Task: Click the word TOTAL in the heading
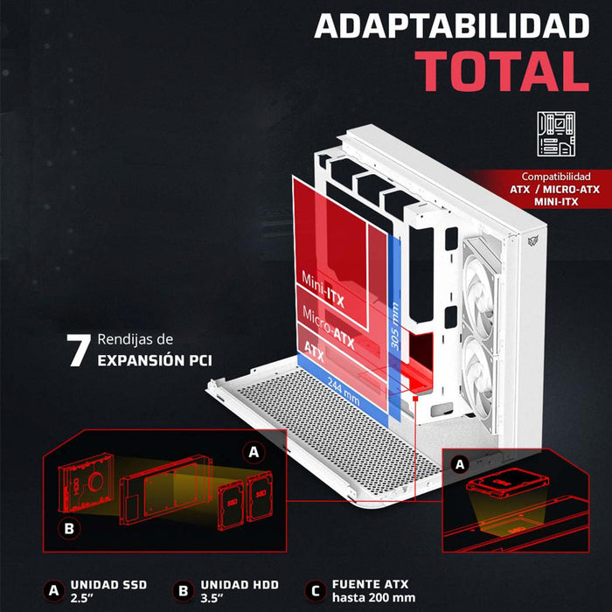point(502,71)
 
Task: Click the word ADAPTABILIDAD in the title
point(452,25)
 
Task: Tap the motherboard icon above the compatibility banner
point(556,134)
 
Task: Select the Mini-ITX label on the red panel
point(323,290)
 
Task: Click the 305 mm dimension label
point(395,326)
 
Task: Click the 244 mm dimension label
point(344,392)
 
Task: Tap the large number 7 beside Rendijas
point(79,350)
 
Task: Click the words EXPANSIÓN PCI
point(155,360)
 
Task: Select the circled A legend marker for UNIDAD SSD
point(54,590)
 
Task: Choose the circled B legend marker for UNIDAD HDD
point(184,590)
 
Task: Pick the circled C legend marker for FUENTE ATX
point(315,590)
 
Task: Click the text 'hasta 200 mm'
point(373,597)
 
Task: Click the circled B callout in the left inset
point(69,528)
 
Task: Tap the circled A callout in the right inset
point(460,464)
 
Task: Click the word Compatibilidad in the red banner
point(556,177)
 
